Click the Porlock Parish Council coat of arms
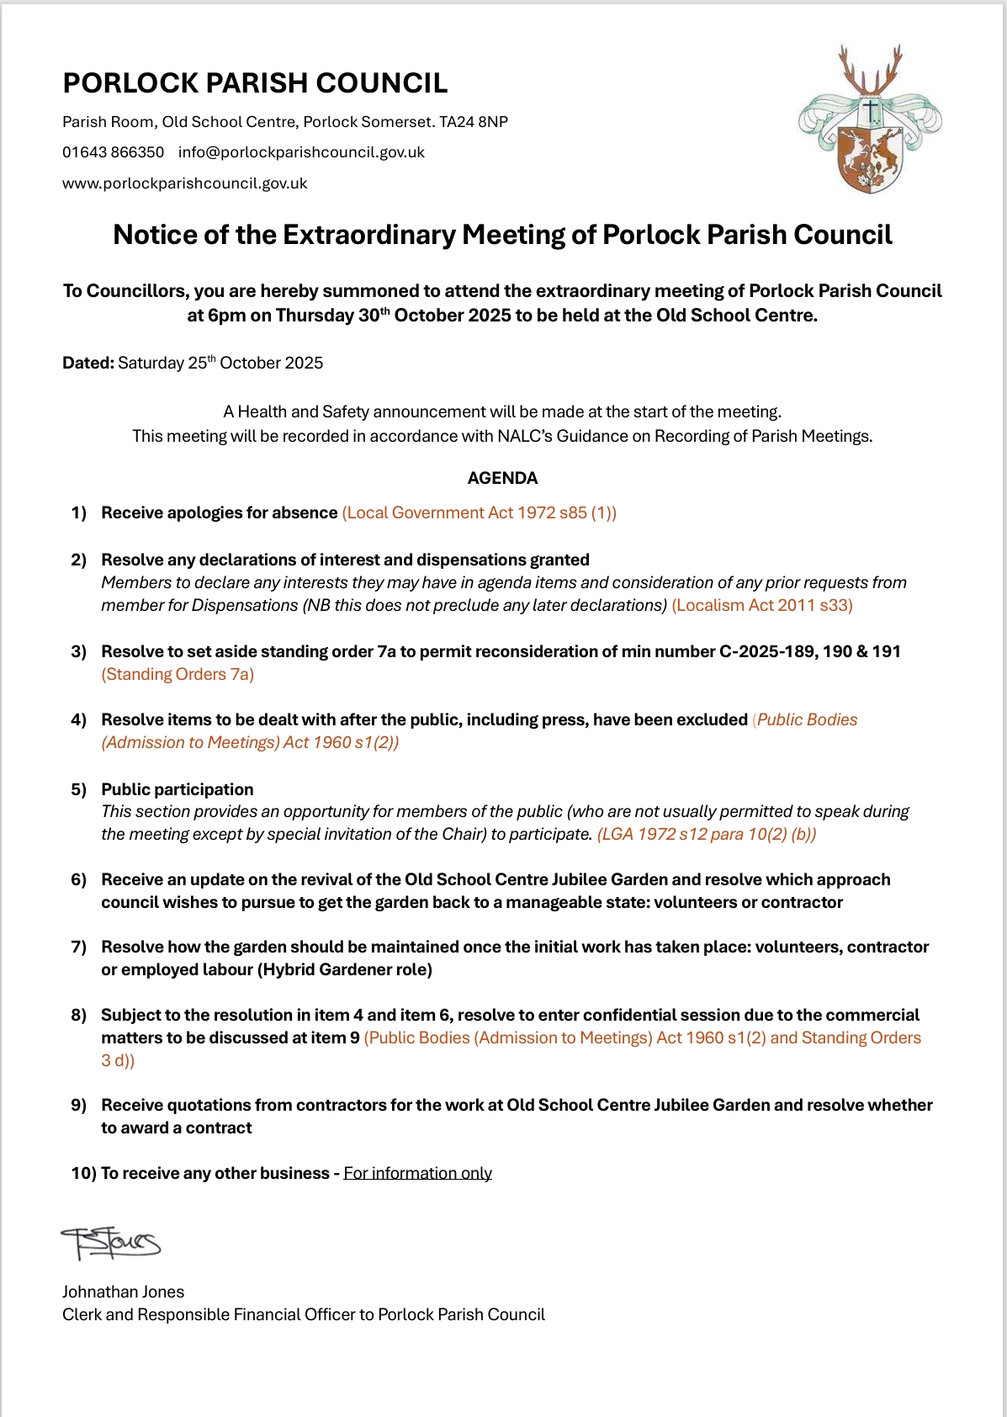[870, 119]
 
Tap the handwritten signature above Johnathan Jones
[110, 1243]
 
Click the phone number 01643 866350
[114, 152]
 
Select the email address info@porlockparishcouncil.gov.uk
[301, 152]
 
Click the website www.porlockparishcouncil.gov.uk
[185, 183]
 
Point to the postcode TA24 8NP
[474, 122]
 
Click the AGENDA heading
[502, 478]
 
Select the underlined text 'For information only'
[417, 1173]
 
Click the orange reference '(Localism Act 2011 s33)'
[762, 605]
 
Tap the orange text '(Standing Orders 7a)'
[178, 674]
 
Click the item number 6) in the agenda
[78, 879]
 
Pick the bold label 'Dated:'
[88, 363]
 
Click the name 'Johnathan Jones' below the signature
[123, 1292]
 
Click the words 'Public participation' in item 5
[178, 789]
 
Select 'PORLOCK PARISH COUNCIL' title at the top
[255, 83]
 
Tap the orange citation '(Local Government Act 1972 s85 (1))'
[479, 512]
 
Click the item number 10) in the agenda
[82, 1173]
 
